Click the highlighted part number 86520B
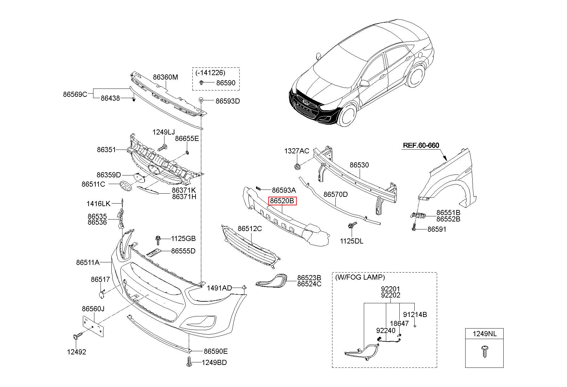282,201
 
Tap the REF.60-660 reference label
421,145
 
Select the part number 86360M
165,77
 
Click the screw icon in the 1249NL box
484,351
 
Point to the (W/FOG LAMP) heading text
360,277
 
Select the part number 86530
359,165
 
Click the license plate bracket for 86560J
93,326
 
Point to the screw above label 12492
77,336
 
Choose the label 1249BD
214,363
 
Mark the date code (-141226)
210,73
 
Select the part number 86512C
250,229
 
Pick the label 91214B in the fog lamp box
415,315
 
